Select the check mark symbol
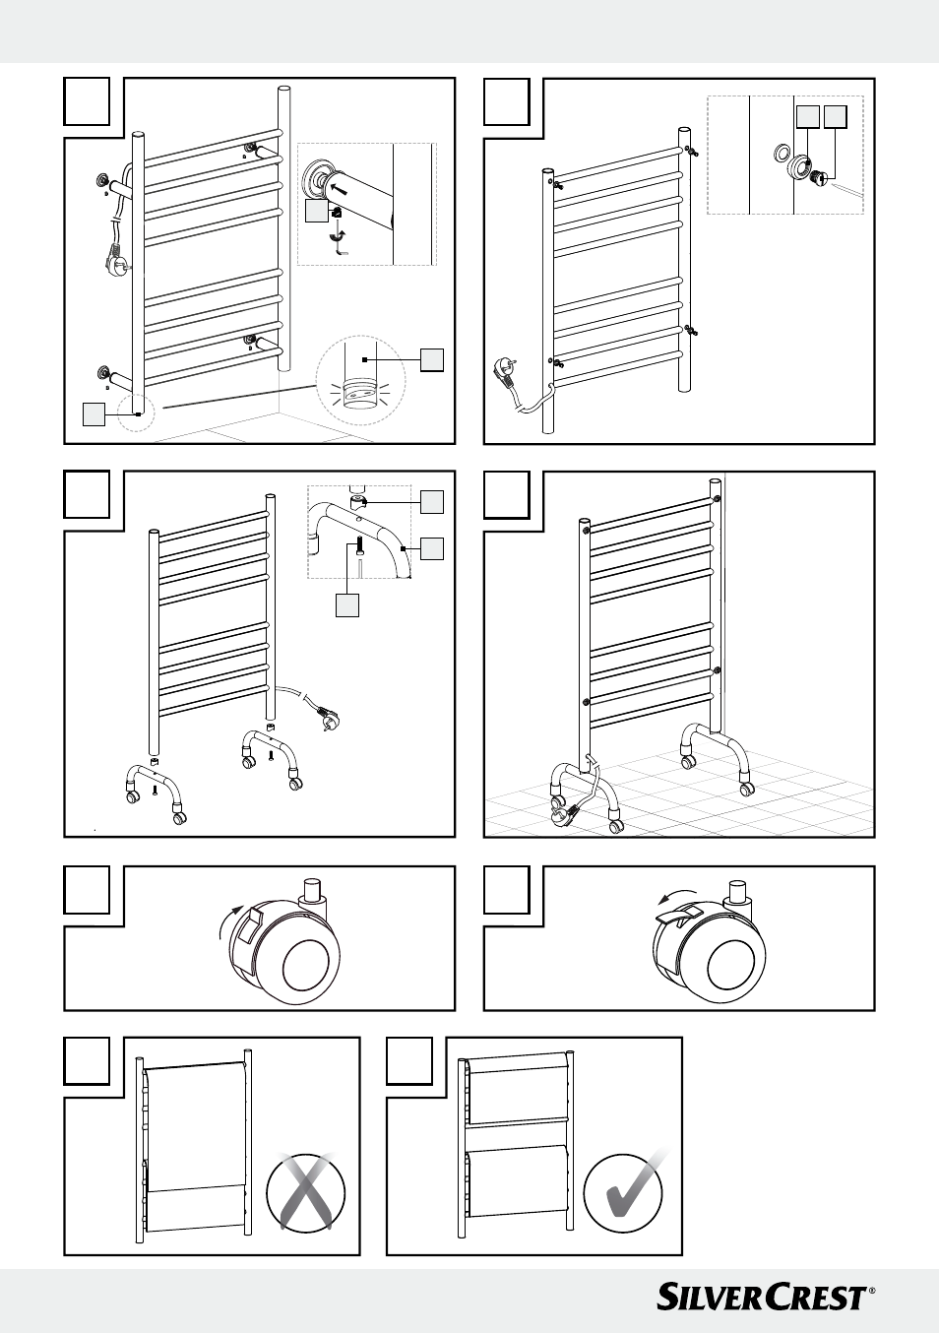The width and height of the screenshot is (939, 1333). [x=624, y=1193]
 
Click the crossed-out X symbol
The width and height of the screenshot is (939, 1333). [x=305, y=1191]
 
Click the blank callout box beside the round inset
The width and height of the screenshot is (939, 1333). [x=431, y=359]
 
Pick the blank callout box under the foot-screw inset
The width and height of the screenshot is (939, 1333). [x=346, y=604]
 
